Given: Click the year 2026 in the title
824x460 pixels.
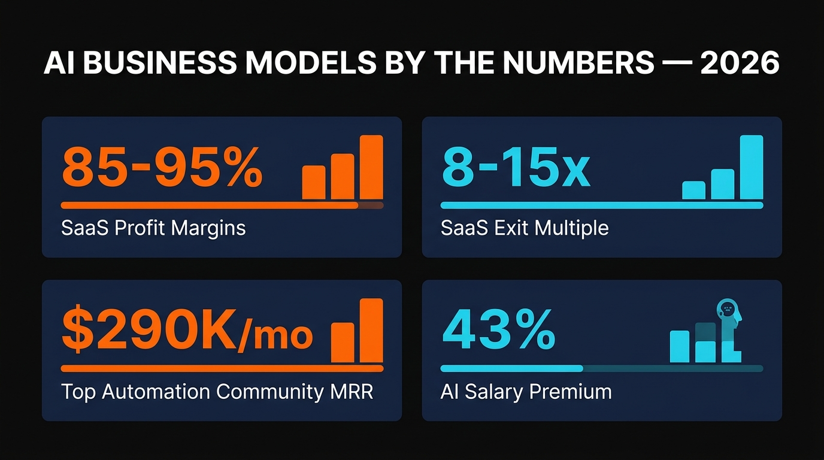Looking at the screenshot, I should tap(740, 63).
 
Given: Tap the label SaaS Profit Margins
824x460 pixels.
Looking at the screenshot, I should tap(153, 228).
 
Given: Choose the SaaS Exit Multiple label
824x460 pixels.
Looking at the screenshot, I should tap(525, 228).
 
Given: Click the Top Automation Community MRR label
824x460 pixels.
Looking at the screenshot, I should tap(217, 392).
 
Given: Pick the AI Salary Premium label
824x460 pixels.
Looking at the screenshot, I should tap(526, 392).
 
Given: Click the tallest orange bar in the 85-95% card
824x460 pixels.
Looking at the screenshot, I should tap(371, 167).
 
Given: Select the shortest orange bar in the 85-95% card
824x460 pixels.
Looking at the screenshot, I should tap(314, 182).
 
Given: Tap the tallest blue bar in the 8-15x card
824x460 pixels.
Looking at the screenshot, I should tap(752, 167).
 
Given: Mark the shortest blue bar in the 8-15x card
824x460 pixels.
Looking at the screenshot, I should tap(693, 190).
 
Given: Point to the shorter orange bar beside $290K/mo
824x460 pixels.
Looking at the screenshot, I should tap(343, 342).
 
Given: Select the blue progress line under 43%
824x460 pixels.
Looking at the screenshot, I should tap(511, 368).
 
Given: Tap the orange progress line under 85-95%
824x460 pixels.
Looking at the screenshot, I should tap(210, 205).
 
